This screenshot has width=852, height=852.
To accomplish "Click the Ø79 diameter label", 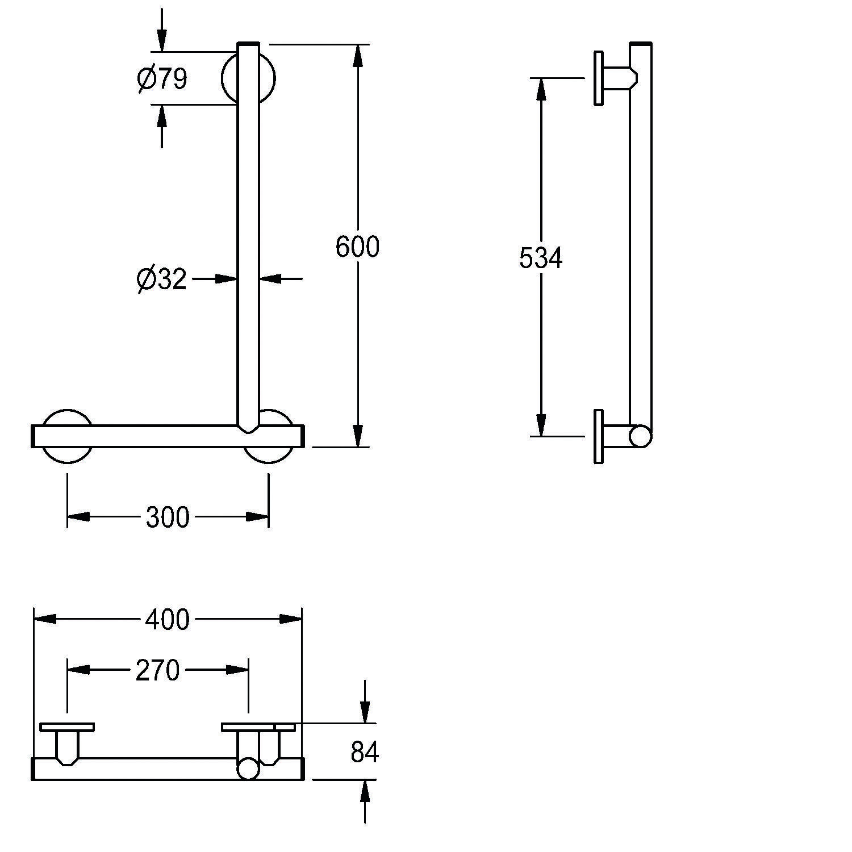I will [x=162, y=78].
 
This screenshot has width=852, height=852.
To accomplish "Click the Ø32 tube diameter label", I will [x=162, y=279].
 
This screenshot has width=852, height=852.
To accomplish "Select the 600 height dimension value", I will [x=357, y=247].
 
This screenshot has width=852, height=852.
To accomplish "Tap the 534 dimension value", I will [x=540, y=258].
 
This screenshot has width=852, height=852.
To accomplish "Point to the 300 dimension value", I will [x=168, y=517].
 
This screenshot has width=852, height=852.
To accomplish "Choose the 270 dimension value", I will [x=157, y=671].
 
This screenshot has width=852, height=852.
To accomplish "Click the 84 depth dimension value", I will [x=364, y=753].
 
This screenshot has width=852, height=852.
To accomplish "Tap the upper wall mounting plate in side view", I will [x=598, y=78].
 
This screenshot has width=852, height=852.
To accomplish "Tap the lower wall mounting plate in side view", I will [x=598, y=436].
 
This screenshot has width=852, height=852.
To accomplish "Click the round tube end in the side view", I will [x=640, y=436].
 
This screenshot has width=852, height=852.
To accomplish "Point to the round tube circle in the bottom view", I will [x=248, y=769].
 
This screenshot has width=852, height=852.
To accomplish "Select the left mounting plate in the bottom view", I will [x=67, y=727].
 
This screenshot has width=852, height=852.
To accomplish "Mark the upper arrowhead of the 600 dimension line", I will [x=357, y=55].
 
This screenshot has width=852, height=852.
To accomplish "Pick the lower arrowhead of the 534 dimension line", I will [x=540, y=425].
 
